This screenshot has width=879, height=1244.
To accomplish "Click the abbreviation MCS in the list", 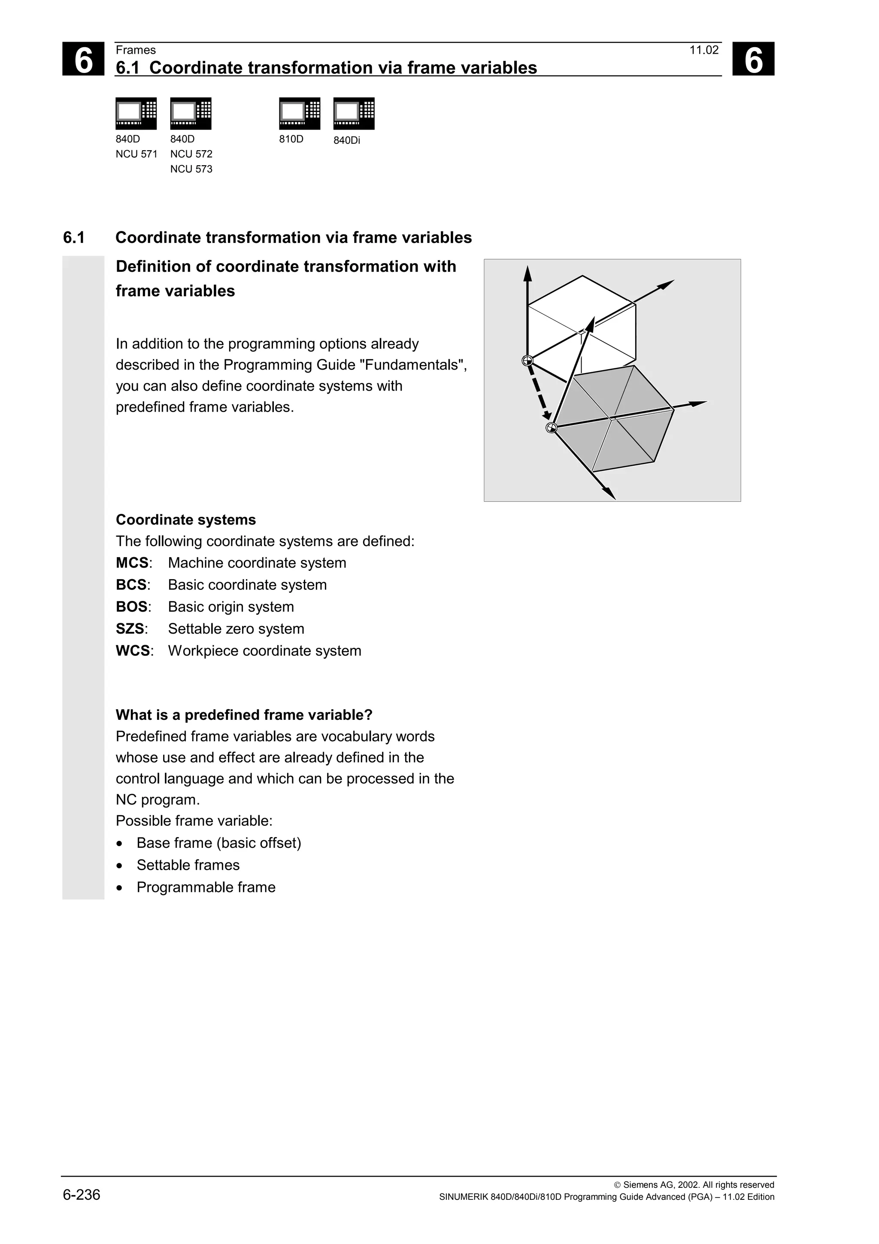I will click(x=132, y=563).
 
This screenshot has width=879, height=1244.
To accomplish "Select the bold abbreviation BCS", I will click(x=131, y=585).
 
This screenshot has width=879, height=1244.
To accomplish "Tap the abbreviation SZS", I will click(x=130, y=629).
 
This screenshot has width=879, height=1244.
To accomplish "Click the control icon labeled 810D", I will click(x=300, y=114).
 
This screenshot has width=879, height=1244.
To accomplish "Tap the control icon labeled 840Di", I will click(x=354, y=114).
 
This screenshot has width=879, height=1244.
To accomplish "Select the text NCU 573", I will click(x=191, y=169).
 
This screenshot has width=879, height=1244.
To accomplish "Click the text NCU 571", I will click(x=136, y=154).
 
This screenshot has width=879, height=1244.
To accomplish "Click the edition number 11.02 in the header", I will click(x=703, y=50).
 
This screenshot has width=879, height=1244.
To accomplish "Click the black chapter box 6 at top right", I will click(x=753, y=59).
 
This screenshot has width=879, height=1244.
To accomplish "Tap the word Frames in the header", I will click(x=135, y=50).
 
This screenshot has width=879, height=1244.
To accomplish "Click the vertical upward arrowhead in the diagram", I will click(x=527, y=273).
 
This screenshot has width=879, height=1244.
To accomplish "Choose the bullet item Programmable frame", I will click(x=206, y=887).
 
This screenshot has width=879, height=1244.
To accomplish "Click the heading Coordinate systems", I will click(x=186, y=520).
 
